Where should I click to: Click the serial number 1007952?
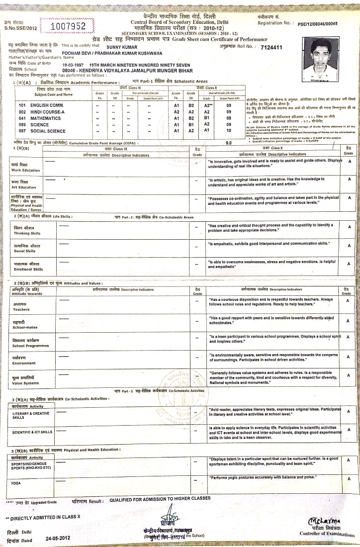click(69, 26)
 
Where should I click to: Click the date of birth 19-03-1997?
click(74, 65)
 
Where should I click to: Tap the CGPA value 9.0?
click(229, 143)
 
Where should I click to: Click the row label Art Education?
click(23, 185)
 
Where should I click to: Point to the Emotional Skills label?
click(28, 267)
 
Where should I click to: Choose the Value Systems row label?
click(25, 380)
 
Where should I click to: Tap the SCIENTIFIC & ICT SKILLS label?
click(32, 432)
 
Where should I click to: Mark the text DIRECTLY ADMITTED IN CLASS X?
click(45, 517)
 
